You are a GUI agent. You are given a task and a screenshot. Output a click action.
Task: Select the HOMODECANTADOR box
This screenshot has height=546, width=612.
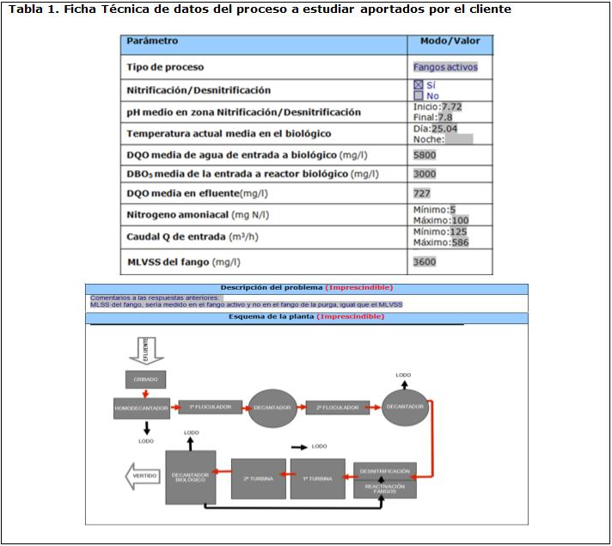pos(142,407)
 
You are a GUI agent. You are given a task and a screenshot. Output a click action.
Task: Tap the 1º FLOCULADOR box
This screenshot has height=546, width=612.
pos(210,407)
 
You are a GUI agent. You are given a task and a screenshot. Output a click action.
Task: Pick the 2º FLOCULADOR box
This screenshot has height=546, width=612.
pos(337,407)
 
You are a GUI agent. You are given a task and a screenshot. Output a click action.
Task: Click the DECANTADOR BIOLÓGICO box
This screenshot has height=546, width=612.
pos(190,477)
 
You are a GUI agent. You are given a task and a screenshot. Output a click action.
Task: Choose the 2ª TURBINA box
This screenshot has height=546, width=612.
pos(258,478)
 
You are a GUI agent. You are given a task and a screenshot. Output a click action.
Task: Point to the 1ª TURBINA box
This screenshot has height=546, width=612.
pos(317,478)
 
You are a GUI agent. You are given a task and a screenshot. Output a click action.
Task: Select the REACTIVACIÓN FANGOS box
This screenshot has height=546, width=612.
pos(384,488)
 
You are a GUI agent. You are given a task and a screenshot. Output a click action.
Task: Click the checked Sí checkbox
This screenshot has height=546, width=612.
pos(419,84)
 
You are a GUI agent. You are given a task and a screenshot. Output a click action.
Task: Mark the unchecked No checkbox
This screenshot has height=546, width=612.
pos(419,95)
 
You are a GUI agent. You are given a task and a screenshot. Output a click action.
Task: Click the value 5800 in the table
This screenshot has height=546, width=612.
pos(425,156)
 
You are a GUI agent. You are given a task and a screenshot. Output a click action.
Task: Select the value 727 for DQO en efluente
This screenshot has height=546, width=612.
pos(421,193)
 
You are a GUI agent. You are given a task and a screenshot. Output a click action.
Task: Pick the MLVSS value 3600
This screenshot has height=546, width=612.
pos(425,261)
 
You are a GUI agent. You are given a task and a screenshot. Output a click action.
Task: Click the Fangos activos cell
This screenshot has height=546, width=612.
pos(445,66)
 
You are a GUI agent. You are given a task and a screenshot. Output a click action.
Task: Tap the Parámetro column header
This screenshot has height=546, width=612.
pos(152,41)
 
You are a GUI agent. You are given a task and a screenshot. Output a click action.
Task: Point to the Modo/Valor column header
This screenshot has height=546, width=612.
pos(450,41)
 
